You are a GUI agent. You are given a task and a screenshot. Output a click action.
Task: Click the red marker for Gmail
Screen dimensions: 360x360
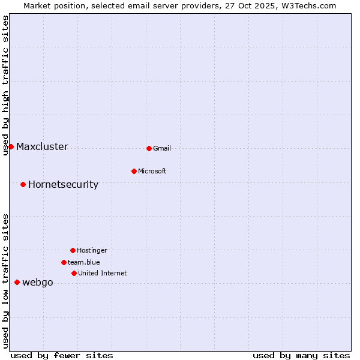tap(149, 148)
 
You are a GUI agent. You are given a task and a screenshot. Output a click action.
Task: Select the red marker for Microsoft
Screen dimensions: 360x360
tap(134, 171)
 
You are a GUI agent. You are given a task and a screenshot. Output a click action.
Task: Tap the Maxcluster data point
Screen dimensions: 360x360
tap(11, 146)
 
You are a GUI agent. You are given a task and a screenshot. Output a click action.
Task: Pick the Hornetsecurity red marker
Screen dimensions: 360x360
tap(23, 184)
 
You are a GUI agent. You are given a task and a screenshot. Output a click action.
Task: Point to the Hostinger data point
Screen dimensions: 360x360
tap(73, 250)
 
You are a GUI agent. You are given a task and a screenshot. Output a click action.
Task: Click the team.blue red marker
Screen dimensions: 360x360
tap(64, 262)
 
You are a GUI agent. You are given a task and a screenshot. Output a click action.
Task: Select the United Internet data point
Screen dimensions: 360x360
tap(74, 273)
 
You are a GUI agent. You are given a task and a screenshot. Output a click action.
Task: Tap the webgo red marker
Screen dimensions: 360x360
tap(17, 282)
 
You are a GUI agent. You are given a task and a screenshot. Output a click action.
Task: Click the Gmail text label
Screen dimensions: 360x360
tap(162, 148)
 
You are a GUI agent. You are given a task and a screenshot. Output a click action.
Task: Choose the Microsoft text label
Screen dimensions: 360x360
tap(152, 171)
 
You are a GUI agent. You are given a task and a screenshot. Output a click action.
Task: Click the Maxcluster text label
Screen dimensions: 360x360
tap(42, 146)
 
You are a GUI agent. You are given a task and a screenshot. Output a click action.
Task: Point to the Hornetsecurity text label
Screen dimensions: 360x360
tap(63, 184)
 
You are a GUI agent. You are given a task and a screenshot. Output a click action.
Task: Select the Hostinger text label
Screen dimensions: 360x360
tap(92, 250)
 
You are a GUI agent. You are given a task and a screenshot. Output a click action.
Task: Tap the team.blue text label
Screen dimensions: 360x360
tap(84, 262)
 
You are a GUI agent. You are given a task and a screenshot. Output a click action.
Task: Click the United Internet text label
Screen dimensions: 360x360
tap(103, 273)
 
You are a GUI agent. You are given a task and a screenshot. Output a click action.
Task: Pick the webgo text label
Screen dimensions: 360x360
tap(38, 283)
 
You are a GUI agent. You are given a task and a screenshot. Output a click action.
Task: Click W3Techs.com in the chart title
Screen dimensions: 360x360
tap(307, 5)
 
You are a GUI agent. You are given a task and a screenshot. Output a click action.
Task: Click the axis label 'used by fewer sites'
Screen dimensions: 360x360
tap(62, 355)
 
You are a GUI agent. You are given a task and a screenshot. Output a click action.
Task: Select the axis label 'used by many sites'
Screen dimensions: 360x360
tap(301, 355)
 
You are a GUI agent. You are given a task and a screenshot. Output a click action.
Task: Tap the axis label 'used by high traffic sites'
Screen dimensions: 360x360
tap(5, 85)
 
